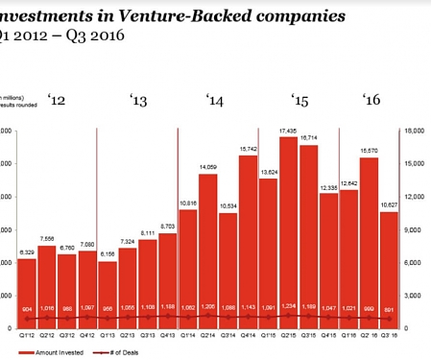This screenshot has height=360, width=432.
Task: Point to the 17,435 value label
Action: (287, 131)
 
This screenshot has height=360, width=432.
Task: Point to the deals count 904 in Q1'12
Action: (27, 308)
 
